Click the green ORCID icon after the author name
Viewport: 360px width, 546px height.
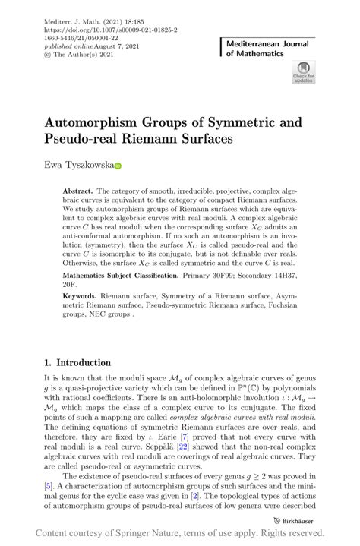118,165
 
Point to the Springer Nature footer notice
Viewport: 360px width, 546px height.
181,533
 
